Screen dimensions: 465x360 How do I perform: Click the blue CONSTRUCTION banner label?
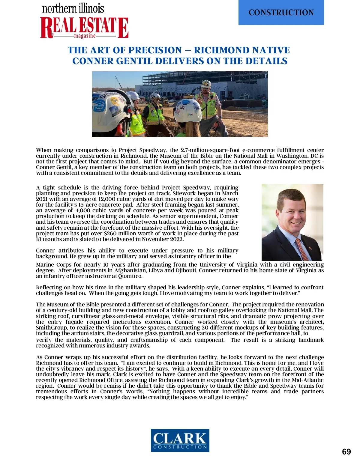[281, 13]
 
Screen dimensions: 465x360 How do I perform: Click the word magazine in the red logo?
[85, 36]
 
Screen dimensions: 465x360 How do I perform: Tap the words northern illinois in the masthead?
[73, 8]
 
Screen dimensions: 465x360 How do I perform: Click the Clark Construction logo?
[180, 440]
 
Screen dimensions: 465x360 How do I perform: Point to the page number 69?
[346, 452]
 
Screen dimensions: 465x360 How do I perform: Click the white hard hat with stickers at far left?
[108, 105]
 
